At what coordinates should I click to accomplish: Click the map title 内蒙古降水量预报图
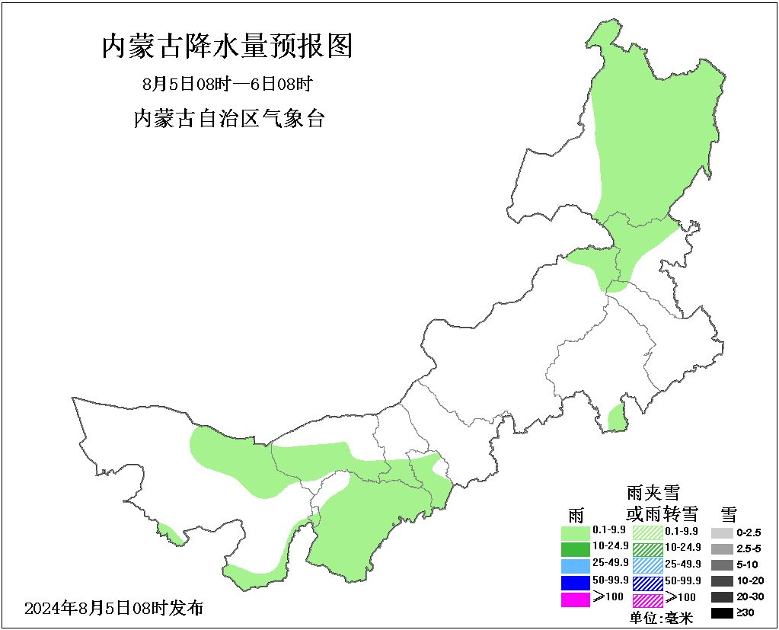coord(227,47)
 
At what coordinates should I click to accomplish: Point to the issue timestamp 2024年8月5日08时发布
coord(114,608)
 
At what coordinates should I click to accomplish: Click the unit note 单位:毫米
coord(661,618)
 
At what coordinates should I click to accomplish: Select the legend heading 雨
coord(576,514)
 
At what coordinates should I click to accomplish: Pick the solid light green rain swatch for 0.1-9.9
coord(576,532)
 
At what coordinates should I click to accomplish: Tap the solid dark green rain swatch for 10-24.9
coord(576,548)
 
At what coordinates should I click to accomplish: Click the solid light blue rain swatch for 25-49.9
coord(576,565)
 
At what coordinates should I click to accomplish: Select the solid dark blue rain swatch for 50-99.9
coord(576,583)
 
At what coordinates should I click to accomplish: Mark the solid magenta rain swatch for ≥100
coord(576,600)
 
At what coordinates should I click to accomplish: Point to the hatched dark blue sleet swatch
coord(648,583)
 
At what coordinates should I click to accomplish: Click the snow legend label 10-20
coord(749,581)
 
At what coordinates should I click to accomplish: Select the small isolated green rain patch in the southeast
coord(617,418)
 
